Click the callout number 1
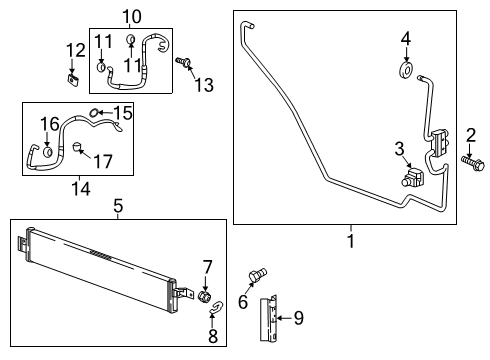pyautogui.click(x=350, y=241)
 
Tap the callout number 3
pyautogui.click(x=399, y=150)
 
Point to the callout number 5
pyautogui.click(x=117, y=207)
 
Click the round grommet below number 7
pyautogui.click(x=206, y=297)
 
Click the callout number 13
pyautogui.click(x=204, y=85)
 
